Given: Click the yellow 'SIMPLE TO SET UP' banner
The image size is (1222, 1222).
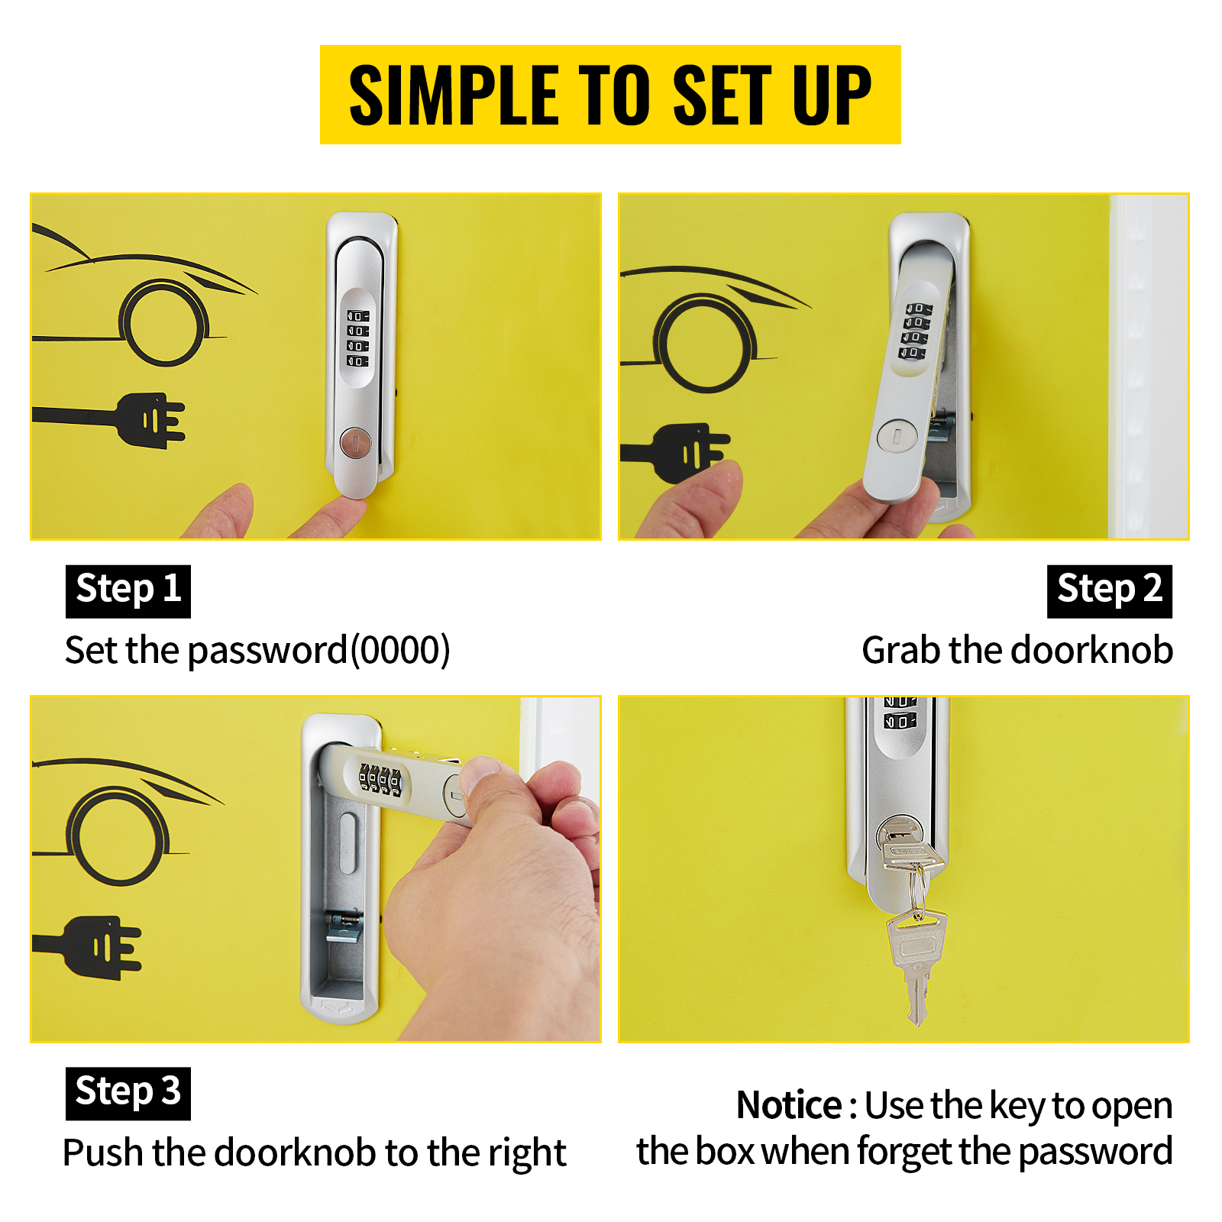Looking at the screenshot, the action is pos(610,95).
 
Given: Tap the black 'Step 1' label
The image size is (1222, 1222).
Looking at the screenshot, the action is pos(128,591).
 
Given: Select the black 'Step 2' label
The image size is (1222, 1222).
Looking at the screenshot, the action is pos(1109,591).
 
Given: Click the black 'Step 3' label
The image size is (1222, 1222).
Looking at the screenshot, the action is pos(128,1094).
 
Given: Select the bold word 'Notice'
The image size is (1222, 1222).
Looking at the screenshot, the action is pos(789,1105).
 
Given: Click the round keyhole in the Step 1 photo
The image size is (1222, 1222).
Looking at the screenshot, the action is pos(355,442).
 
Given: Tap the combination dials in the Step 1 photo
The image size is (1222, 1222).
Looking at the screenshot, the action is pos(357,338).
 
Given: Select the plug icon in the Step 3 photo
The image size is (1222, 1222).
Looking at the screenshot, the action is pos(87,948).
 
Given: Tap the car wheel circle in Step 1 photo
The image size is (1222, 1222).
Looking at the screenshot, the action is pos(163,322).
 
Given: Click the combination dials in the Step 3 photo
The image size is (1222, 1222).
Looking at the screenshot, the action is pos(380,779).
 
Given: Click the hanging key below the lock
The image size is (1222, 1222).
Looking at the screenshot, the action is pos(916,964).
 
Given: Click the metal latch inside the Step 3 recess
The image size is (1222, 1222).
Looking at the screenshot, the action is pos(343,926).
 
